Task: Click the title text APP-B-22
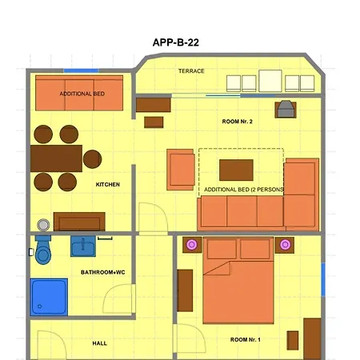[175, 43]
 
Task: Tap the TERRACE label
[191, 71]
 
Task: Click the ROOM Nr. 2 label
[237, 121]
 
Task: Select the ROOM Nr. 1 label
[246, 340]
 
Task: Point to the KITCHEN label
[108, 185]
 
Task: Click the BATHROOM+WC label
[103, 273]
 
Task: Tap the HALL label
[100, 343]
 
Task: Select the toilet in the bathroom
[42, 250]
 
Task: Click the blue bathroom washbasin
[82, 246]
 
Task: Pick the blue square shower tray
[49, 296]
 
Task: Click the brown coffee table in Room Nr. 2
[236, 170]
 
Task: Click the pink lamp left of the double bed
[191, 245]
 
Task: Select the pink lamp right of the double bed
[286, 245]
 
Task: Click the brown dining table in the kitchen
[56, 158]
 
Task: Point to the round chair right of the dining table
[93, 158]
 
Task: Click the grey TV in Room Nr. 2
[285, 110]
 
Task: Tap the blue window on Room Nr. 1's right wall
[323, 278]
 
